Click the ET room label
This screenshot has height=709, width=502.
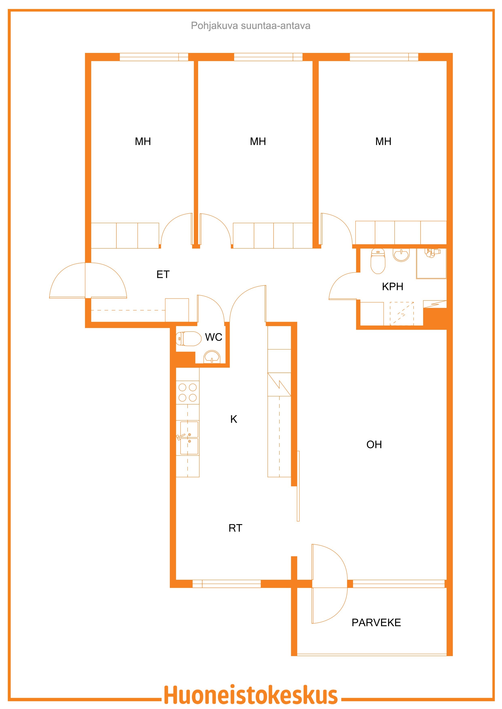163,274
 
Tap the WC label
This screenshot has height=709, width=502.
213,337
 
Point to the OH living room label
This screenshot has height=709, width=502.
374,445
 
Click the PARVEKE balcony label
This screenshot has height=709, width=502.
376,623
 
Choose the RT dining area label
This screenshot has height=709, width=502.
235,528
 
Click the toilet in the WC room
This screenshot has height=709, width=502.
188,339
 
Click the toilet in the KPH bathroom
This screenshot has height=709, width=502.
378,261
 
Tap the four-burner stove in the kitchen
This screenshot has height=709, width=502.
188,393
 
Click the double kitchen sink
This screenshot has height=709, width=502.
188,438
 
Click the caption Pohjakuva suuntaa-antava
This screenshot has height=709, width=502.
251,26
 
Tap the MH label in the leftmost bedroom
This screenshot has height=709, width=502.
143,141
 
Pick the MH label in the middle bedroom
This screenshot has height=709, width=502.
258,141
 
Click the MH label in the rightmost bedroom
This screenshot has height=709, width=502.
383,141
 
